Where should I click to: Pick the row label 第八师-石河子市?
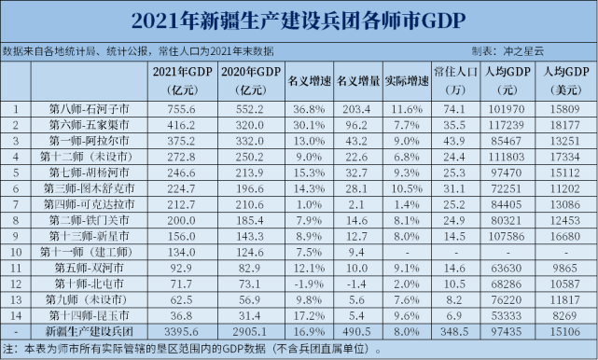90,109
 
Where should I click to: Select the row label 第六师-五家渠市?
90,124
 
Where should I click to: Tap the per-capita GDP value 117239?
510,124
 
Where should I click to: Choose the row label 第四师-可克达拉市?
90,202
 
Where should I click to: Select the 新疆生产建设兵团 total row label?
90,328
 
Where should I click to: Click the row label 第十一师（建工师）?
90,250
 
